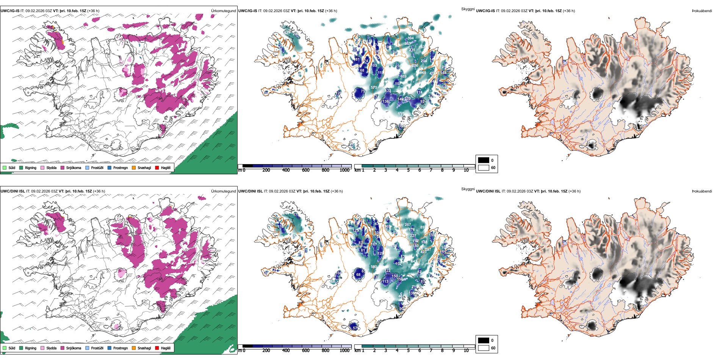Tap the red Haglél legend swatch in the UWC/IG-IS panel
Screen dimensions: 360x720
point(157,168)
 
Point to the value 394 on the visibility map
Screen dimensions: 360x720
point(410,38)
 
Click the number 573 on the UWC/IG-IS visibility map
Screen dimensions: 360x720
point(374,88)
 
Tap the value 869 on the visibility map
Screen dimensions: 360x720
point(423,73)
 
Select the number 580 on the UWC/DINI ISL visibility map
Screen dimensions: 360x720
point(374,267)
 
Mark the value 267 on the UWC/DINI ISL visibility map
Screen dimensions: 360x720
point(408,225)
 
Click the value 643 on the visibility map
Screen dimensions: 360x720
point(414,261)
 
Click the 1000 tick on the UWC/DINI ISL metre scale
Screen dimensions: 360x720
point(344,351)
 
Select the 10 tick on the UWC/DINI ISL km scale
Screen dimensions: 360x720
point(466,351)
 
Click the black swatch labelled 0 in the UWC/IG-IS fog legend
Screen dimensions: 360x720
point(484,160)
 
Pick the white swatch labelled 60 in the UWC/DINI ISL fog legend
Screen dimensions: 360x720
point(484,348)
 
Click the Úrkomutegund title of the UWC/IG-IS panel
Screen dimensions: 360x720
point(223,11)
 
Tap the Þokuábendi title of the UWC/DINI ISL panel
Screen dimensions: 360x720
point(702,191)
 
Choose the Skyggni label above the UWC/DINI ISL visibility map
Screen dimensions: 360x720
point(468,189)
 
